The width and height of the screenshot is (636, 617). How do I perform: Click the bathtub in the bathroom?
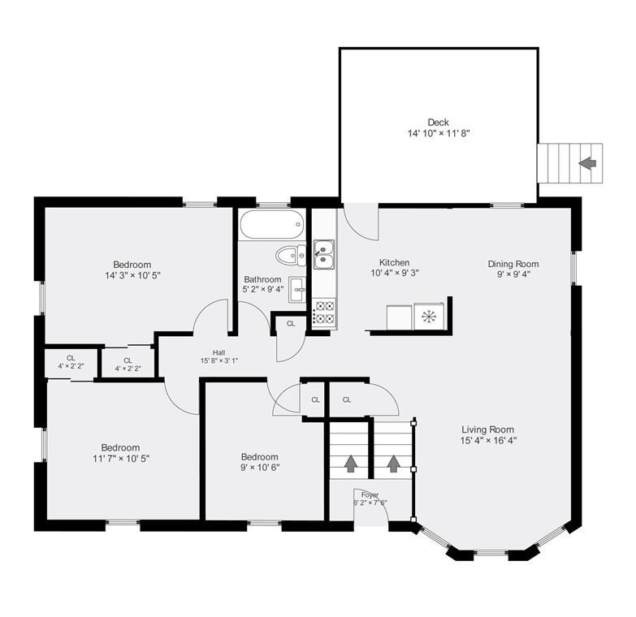click(x=271, y=224)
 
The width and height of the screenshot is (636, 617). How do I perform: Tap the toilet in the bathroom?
click(x=291, y=256)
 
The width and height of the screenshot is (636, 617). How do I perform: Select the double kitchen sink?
click(x=324, y=255)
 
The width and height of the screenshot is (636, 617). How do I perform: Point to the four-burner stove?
click(x=325, y=312)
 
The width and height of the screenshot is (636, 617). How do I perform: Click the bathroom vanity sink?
click(x=297, y=290)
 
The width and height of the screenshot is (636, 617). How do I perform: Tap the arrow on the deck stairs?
click(x=587, y=163)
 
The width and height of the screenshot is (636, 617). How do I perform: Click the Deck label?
click(x=438, y=122)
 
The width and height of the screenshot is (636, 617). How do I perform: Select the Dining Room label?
click(x=513, y=264)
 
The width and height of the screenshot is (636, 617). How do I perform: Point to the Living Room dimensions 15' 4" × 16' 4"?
click(x=488, y=440)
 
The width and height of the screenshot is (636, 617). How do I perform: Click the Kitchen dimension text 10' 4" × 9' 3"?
click(x=394, y=273)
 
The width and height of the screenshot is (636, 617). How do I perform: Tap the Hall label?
click(x=218, y=352)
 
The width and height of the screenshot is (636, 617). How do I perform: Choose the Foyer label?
click(x=370, y=495)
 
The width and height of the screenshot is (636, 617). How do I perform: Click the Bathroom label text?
click(x=262, y=279)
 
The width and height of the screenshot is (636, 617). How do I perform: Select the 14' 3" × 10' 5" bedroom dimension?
click(x=132, y=275)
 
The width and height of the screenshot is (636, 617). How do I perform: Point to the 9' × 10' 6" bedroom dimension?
click(x=260, y=468)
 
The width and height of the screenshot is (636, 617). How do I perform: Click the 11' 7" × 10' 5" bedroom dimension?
click(x=121, y=459)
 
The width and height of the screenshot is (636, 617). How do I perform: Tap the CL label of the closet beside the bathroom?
click(x=291, y=323)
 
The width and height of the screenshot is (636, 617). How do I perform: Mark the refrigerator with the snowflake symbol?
click(x=428, y=316)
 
